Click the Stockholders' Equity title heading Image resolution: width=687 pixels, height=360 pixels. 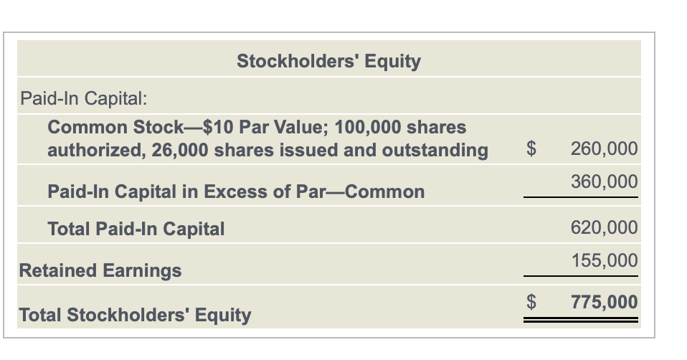coord(328,61)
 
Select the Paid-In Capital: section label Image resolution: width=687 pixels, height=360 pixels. coord(84,98)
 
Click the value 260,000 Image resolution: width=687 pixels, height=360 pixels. coord(605,149)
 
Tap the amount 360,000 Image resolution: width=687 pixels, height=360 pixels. coord(605,181)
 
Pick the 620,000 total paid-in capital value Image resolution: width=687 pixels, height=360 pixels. coord(605,228)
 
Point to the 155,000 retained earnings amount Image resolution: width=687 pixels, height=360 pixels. coord(605,260)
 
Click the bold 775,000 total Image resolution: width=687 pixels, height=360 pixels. coord(605,302)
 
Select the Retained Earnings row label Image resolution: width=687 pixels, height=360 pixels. coord(100,270)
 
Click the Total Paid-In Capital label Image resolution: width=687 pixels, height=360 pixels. coord(136,229)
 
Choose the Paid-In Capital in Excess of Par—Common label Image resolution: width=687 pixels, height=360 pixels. coord(236,191)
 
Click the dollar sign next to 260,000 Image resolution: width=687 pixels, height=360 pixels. coord(531,149)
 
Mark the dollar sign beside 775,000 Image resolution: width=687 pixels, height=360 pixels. coord(531,302)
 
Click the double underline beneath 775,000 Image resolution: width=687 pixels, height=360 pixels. coord(581,320)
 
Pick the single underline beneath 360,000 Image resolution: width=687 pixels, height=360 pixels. coord(581,197)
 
